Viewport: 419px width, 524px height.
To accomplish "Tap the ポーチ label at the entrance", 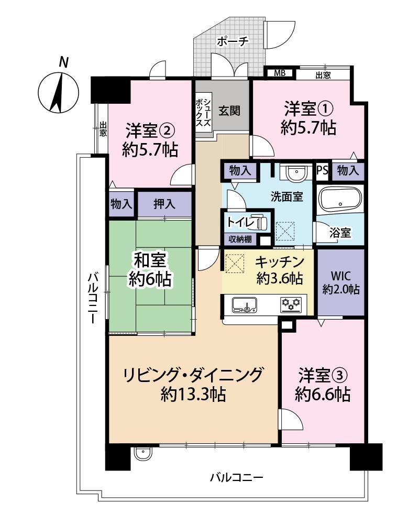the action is [233, 41].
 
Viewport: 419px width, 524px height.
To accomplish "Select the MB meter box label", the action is [279, 73].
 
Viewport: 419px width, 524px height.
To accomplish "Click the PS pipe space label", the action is [323, 170].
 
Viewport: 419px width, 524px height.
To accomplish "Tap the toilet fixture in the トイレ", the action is [260, 221].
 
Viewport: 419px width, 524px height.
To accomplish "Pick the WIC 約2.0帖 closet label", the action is [340, 283].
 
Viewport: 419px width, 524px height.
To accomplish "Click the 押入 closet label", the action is [164, 203].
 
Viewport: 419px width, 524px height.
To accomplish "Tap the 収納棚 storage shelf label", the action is [240, 239].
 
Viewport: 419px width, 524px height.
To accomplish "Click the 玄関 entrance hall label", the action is [229, 111].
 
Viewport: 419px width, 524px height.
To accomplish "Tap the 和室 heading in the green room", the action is [150, 260].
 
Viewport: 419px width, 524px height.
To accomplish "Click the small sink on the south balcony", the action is [144, 454].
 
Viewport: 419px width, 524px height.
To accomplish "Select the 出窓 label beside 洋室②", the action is [103, 129].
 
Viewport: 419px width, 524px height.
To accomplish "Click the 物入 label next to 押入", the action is [122, 204].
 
